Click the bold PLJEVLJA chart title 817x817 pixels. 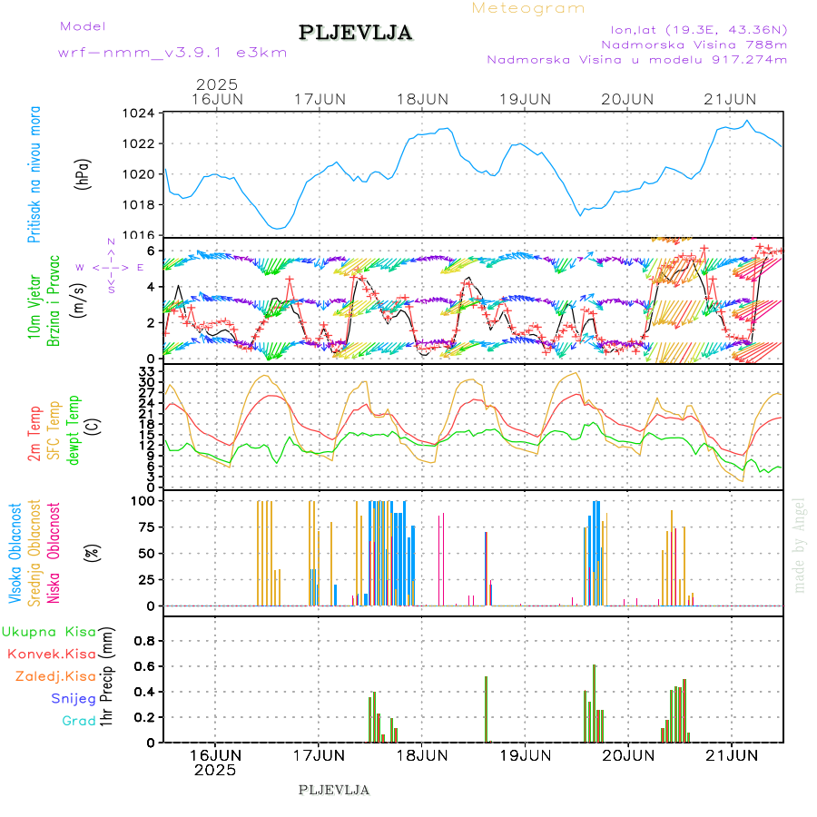[x=355, y=34]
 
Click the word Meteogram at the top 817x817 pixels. [x=528, y=8]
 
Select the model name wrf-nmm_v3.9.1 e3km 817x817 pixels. [x=172, y=53]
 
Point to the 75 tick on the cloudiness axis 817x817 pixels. [x=145, y=527]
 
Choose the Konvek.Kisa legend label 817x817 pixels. [x=52, y=654]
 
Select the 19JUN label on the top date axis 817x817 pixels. [x=525, y=98]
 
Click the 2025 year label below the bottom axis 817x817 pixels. [x=215, y=770]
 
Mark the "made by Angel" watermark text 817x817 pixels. [x=800, y=545]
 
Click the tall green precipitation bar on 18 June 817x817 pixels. [x=486, y=709]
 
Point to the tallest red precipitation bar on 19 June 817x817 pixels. [x=594, y=704]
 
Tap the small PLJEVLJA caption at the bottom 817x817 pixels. [x=334, y=790]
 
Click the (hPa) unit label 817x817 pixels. [x=83, y=173]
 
